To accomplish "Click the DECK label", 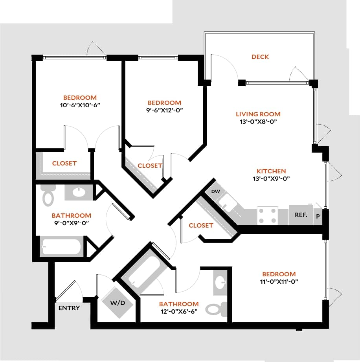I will coord(260,57).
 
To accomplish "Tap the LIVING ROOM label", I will coord(258,114).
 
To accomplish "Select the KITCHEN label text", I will coord(271,171).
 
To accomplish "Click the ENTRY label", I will coord(69,308).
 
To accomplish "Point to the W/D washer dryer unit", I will coord(118,303).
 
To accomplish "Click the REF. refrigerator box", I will coord(301,215).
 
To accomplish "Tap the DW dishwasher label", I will coord(215,191).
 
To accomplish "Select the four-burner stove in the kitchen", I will coord(267,215).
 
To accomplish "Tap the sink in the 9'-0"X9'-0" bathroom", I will coord(79,192).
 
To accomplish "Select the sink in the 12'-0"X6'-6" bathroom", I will coord(220,281).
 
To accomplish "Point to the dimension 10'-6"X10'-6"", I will coord(80,105).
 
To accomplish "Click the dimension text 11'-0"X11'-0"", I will coord(279,281).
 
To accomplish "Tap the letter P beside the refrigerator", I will coord(318,216).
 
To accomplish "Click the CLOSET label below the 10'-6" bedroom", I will coord(64,164).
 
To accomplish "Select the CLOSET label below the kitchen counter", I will coord(201,226).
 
